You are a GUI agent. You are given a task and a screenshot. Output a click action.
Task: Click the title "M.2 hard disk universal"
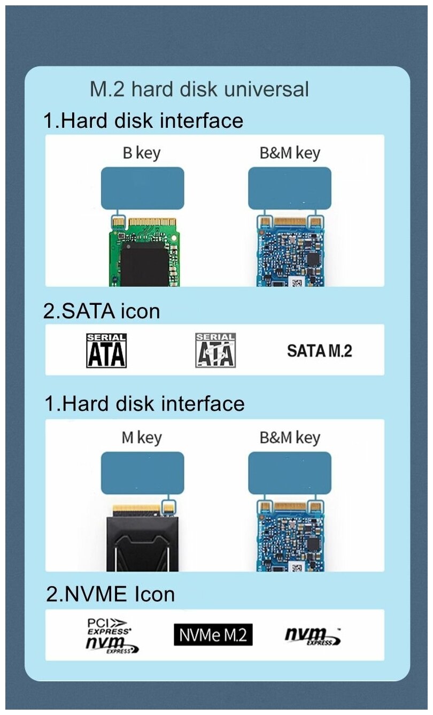pyautogui.click(x=199, y=89)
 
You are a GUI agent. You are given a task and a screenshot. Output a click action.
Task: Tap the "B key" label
pyautogui.click(x=142, y=153)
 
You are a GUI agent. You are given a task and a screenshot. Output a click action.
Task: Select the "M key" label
pyautogui.click(x=142, y=438)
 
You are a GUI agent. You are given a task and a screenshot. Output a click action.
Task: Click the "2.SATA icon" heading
pyautogui.click(x=102, y=311)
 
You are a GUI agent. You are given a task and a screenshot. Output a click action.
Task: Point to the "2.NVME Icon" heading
pyautogui.click(x=111, y=594)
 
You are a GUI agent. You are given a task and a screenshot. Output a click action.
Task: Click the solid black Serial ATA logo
pyautogui.click(x=106, y=350)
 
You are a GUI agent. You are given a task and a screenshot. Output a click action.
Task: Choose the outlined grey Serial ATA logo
pyautogui.click(x=215, y=350)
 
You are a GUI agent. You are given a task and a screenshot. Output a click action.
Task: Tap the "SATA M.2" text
pyautogui.click(x=320, y=351)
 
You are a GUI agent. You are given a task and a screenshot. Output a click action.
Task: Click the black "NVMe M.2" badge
pyautogui.click(x=213, y=635)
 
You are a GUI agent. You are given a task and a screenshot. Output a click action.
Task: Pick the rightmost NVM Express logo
pyautogui.click(x=313, y=635)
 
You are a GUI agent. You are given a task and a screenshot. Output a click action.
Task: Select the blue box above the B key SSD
pyautogui.click(x=142, y=188)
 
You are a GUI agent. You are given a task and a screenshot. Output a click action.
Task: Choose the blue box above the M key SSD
pyautogui.click(x=142, y=473)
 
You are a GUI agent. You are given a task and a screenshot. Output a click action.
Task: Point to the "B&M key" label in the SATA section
pyautogui.click(x=290, y=153)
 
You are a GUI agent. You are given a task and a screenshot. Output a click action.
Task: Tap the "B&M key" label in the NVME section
pyautogui.click(x=290, y=438)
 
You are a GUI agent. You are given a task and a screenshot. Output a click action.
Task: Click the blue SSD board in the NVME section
pyautogui.click(x=289, y=537)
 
